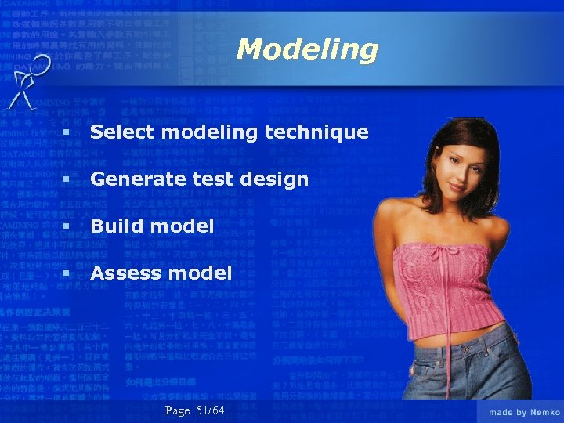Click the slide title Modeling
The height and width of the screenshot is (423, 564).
click(307, 49)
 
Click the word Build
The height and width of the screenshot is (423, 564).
click(113, 226)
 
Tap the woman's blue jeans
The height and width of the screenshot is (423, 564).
click(462, 376)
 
